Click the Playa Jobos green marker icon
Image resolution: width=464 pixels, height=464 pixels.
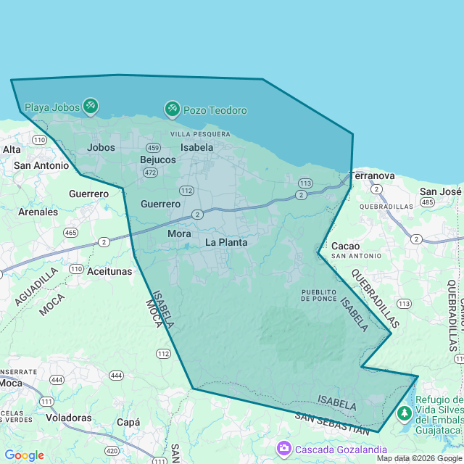[x=91, y=107]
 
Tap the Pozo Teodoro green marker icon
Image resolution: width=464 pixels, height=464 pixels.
[x=172, y=109]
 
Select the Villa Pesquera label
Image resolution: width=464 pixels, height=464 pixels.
[x=200, y=134]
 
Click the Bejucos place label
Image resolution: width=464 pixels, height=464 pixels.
[x=158, y=159]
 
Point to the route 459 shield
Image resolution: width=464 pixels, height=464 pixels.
[x=153, y=147]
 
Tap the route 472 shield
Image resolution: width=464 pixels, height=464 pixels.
[x=150, y=173]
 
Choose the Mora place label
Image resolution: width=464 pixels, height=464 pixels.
[x=179, y=233]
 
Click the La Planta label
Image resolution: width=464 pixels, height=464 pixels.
[x=226, y=242]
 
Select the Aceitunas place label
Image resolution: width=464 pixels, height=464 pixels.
[x=109, y=271]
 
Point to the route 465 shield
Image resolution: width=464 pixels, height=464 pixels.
[x=70, y=233]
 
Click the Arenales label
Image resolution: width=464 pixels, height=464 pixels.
[x=38, y=212]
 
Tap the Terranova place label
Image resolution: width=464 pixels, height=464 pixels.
[x=372, y=175]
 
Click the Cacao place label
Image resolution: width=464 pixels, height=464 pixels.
[x=346, y=246]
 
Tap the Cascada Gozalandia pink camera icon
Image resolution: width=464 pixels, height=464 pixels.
[x=283, y=449]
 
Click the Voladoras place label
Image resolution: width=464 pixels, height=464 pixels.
[x=69, y=418]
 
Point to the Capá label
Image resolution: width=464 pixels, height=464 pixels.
[x=128, y=422]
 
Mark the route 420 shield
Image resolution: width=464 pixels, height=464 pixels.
[x=111, y=450]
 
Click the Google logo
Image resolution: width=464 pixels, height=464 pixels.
[x=24, y=455]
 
